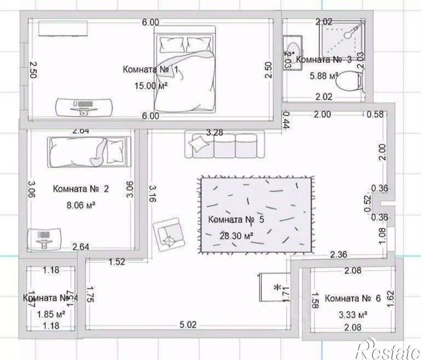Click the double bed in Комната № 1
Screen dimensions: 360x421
[x=186, y=73]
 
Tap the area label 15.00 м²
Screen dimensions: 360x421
[x=150, y=85]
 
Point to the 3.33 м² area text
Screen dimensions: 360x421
[x=352, y=315]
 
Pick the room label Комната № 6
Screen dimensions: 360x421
[x=352, y=298]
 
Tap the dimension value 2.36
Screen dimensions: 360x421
[x=339, y=254]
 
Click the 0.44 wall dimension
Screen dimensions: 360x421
[x=286, y=121]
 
